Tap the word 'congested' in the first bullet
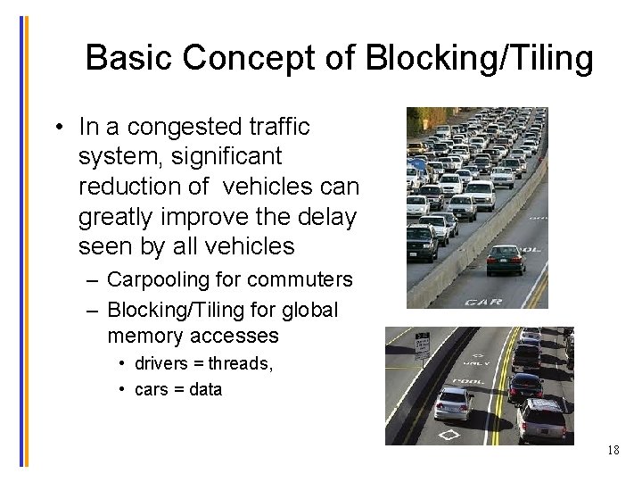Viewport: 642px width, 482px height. [x=191, y=127]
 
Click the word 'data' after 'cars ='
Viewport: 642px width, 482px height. [x=204, y=389]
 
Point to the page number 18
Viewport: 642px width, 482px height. [x=613, y=450]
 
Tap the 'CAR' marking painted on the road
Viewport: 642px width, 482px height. [x=484, y=302]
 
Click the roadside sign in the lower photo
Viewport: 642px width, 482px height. [x=422, y=345]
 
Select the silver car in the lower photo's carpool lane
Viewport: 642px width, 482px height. [x=455, y=403]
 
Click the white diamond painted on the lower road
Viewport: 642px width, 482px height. [x=449, y=435]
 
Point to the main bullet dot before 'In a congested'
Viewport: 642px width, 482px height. [x=57, y=127]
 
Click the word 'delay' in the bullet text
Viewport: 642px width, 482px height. [x=330, y=217]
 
